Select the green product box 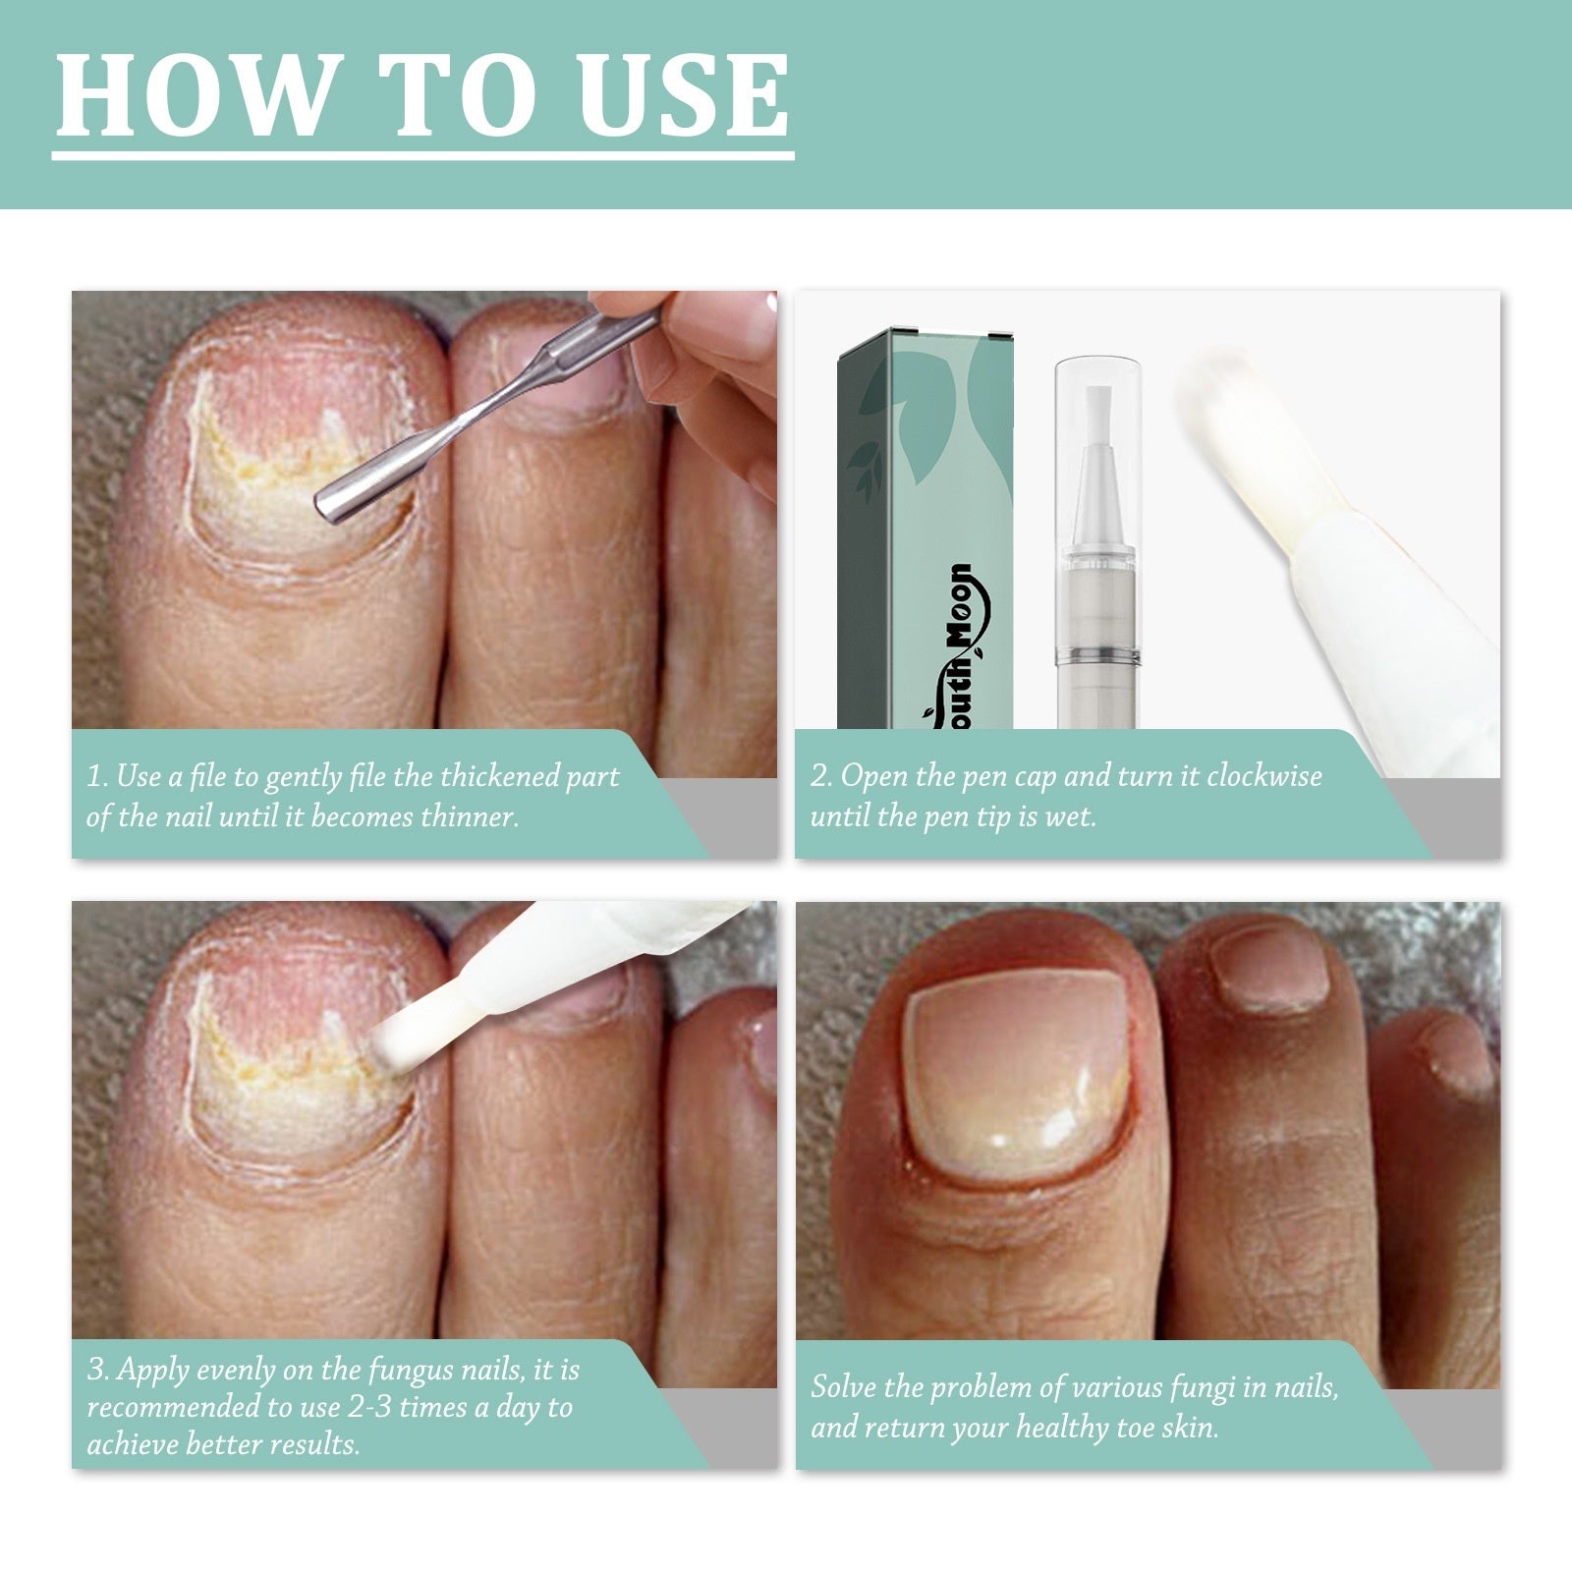[924, 531]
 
